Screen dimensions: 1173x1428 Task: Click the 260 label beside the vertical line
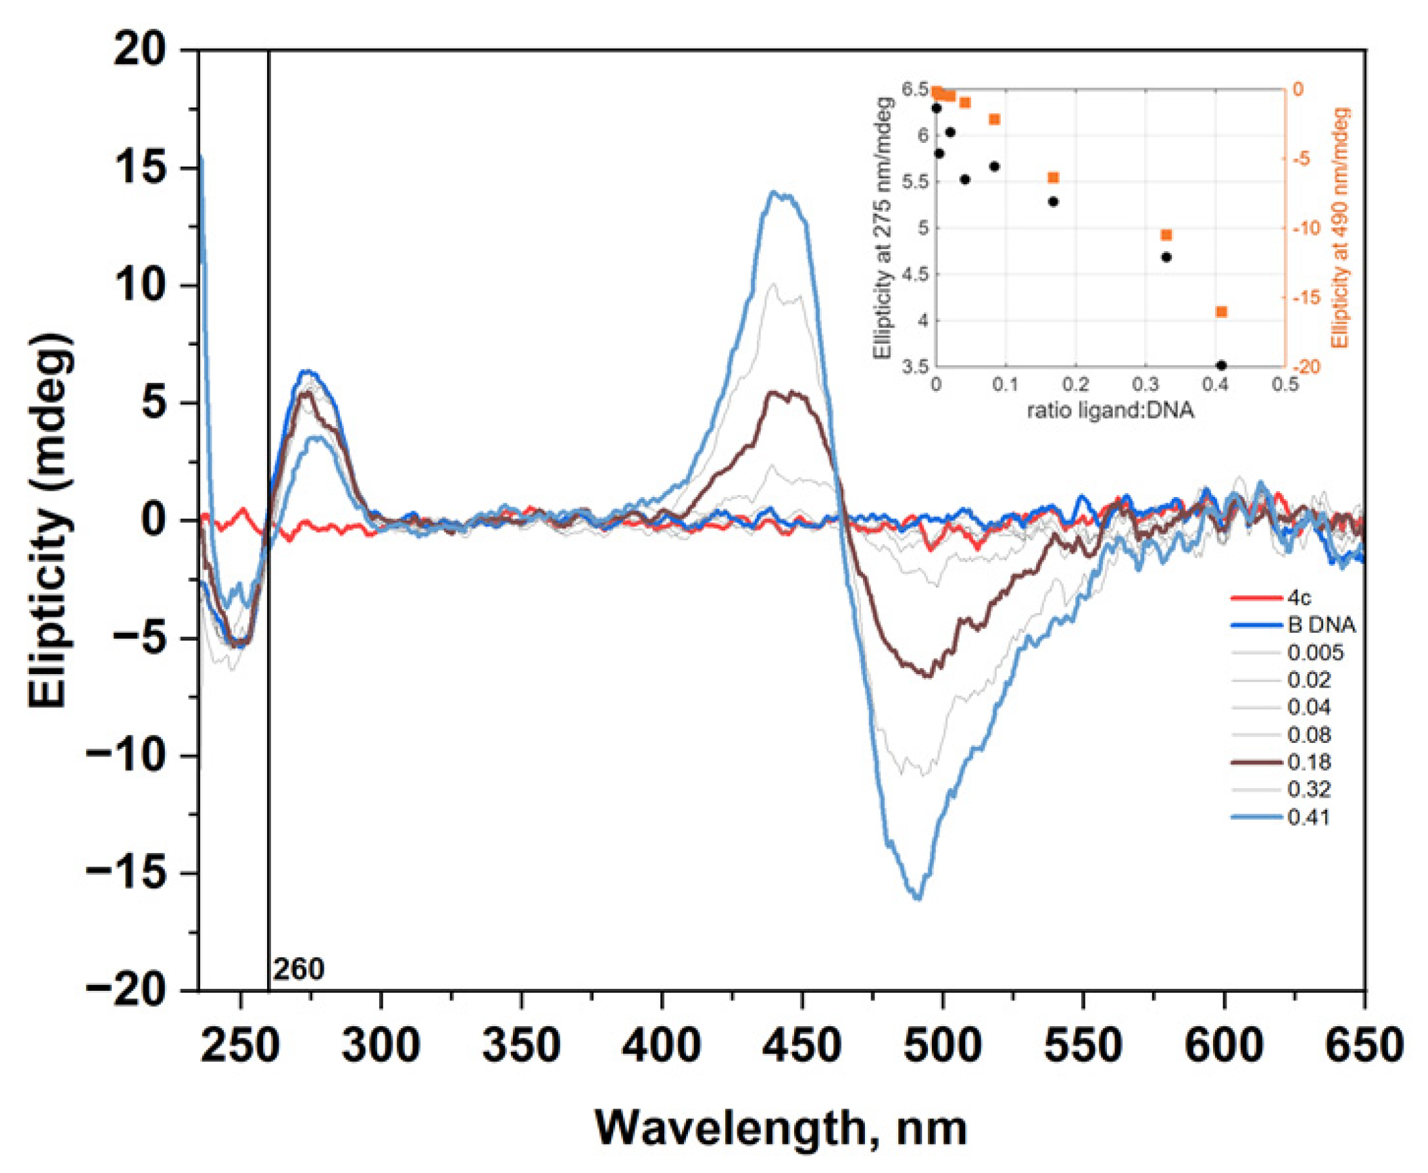click(298, 969)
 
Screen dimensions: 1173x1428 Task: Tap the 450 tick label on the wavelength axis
click(802, 1045)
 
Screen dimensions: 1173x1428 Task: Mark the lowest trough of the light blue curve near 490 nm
click(918, 897)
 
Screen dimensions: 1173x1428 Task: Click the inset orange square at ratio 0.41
click(1221, 312)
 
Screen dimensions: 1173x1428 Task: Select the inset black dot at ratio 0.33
click(1166, 257)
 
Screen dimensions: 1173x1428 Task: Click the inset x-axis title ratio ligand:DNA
click(1110, 410)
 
